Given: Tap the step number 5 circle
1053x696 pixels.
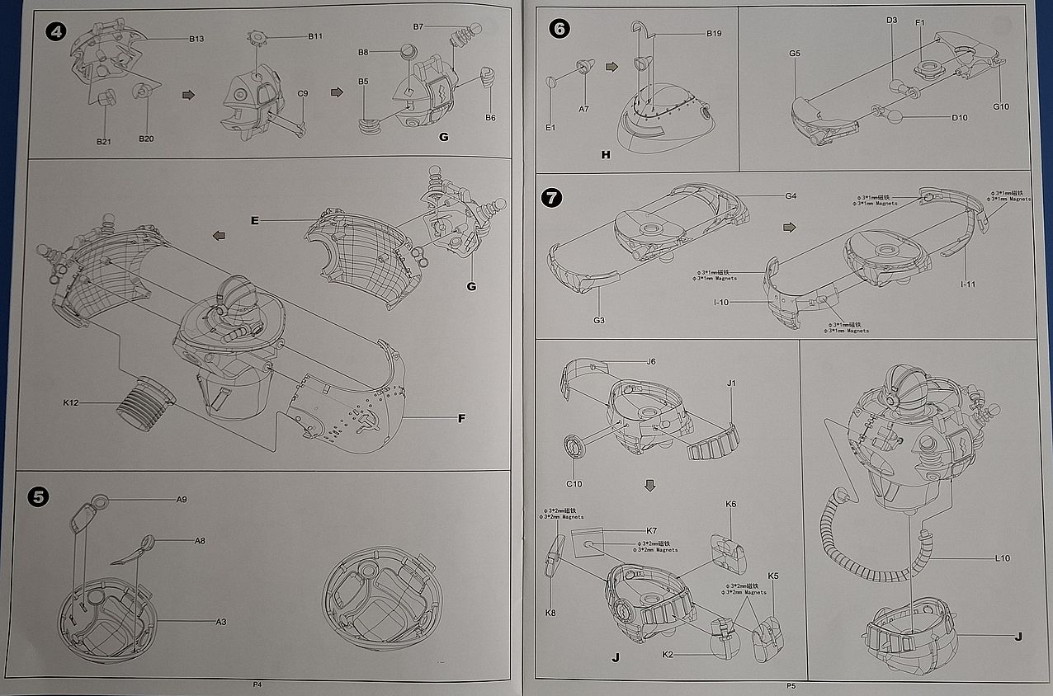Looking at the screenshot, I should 39,496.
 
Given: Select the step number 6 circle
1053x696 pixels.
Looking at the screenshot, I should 558,29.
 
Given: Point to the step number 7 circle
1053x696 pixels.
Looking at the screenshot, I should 551,198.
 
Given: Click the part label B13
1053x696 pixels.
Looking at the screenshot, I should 196,39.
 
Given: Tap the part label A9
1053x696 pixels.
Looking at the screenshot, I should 182,500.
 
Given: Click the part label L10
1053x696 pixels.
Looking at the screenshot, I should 1002,558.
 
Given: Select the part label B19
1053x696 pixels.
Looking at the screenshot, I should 714,34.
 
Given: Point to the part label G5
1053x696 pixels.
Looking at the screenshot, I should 795,54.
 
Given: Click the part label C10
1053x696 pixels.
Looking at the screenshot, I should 574,484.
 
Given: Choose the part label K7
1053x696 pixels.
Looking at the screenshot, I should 651,530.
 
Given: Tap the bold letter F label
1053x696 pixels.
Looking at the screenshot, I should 461,418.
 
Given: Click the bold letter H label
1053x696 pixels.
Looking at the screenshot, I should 605,154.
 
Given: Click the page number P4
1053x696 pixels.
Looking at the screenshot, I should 257,684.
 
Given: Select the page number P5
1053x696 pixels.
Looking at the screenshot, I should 791,685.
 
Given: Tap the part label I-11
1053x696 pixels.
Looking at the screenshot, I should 968,285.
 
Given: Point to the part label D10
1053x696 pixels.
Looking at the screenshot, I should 959,118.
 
